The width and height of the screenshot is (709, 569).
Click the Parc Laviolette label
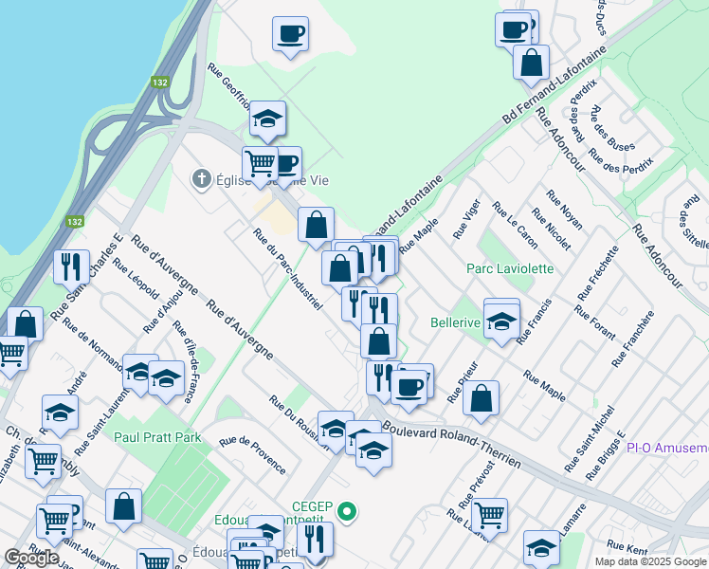tap(509, 268)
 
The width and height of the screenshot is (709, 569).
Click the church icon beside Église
tap(201, 178)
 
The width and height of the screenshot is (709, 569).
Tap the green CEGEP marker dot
tap(348, 513)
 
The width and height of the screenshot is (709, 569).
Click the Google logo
tap(31, 558)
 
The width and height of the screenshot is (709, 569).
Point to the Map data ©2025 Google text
tap(649, 561)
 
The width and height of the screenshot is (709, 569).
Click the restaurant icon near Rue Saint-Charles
tap(71, 267)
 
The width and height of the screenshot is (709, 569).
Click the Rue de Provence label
tap(252, 453)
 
